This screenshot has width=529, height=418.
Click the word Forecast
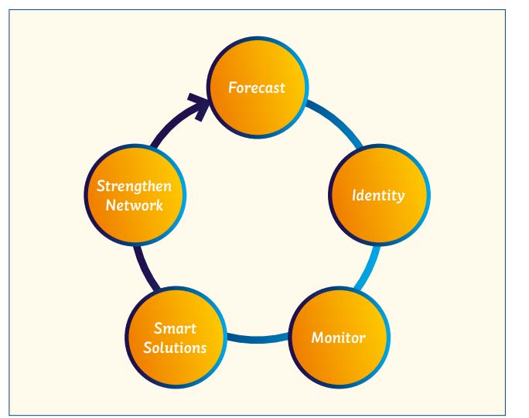[x=257, y=87]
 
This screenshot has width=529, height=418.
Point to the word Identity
[x=378, y=195]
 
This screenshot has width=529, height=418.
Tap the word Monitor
[x=338, y=338]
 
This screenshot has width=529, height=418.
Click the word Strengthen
[x=135, y=187]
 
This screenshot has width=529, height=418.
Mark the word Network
[x=135, y=205]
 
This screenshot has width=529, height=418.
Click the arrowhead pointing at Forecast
[x=201, y=103]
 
